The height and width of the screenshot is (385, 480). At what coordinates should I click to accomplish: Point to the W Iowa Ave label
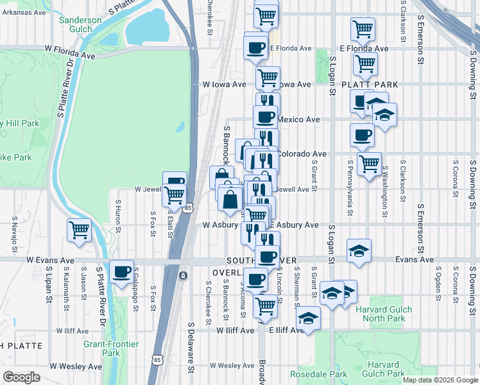(x=224, y=84)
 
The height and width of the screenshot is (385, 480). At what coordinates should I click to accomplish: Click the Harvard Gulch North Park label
(x=384, y=314)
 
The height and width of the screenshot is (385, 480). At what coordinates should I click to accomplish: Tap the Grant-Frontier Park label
(x=111, y=348)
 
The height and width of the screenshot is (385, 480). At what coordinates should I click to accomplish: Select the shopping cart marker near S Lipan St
(x=79, y=230)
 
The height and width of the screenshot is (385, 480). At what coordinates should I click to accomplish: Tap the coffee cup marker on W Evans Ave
(x=121, y=271)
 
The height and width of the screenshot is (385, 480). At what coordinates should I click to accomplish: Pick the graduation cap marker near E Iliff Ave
(x=309, y=318)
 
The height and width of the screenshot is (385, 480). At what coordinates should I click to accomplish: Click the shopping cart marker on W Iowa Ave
(x=268, y=78)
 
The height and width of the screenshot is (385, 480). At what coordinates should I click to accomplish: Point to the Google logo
(x=22, y=377)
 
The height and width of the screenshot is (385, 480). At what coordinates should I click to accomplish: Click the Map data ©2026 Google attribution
(x=440, y=380)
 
